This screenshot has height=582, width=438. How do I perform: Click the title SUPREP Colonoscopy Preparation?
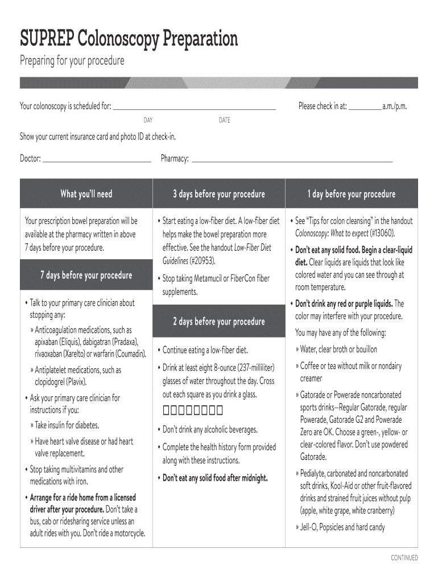pos(129,39)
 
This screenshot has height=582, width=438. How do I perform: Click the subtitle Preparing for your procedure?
pos(72,60)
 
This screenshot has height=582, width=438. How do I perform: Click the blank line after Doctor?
pos(97,159)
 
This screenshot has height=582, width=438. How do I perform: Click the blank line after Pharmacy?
pos(292,159)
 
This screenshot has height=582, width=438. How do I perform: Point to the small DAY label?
pos(148,120)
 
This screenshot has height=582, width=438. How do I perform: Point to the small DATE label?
pos(224,120)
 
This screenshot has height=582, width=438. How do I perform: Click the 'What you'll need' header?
pos(86,194)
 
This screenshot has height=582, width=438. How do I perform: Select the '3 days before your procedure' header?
pos(219,194)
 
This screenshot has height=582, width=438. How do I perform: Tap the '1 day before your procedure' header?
pos(352,194)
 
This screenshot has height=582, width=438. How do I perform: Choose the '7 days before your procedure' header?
pos(86,275)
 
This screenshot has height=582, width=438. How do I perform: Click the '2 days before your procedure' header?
pos(219,322)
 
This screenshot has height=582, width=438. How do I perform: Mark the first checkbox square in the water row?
pos(166,411)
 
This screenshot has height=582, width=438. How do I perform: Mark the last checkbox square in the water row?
pos(218,411)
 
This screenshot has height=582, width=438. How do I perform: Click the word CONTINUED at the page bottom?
pos(404,558)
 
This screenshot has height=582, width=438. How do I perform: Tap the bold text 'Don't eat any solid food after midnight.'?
pos(215,478)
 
